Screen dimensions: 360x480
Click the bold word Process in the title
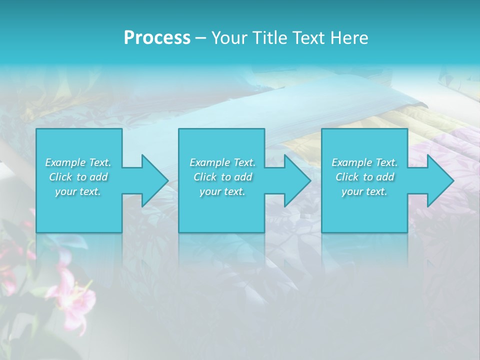(x=157, y=38)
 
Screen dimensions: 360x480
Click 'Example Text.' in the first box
(x=78, y=162)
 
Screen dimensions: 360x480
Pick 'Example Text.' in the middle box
(x=222, y=162)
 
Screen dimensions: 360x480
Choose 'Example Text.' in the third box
(x=364, y=162)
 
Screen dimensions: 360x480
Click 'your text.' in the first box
(x=78, y=191)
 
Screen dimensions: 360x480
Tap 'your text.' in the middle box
(x=222, y=191)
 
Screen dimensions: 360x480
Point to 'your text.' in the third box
(x=364, y=191)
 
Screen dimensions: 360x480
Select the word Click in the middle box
(x=205, y=177)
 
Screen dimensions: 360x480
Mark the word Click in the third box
(x=347, y=177)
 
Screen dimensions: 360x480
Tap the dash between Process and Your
(x=200, y=38)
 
